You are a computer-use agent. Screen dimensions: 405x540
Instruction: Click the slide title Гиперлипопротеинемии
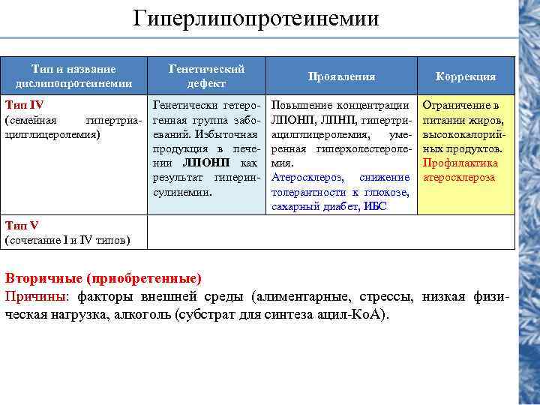(256, 18)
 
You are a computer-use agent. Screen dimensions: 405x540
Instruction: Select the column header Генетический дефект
(207, 76)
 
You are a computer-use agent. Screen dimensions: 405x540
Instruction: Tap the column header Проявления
(342, 76)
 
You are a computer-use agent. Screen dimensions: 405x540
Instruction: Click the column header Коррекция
(466, 76)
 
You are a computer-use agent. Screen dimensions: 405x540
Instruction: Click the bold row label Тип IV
(25, 106)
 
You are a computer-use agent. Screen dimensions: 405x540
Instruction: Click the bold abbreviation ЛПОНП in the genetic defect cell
(205, 163)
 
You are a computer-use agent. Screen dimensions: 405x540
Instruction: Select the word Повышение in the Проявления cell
(303, 106)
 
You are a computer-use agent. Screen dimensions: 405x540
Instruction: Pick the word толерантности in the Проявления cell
(307, 192)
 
